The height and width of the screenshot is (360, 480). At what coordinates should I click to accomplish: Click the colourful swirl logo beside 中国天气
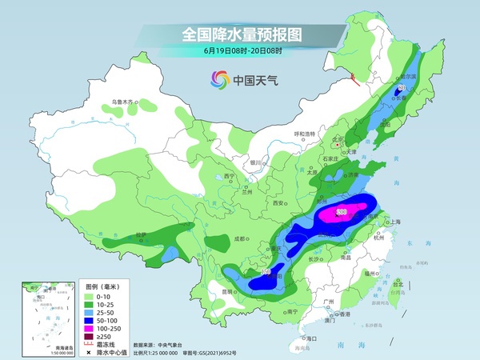[218, 79]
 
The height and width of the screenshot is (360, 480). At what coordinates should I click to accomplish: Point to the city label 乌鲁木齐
[124, 102]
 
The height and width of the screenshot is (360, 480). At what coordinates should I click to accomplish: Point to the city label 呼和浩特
[305, 134]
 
